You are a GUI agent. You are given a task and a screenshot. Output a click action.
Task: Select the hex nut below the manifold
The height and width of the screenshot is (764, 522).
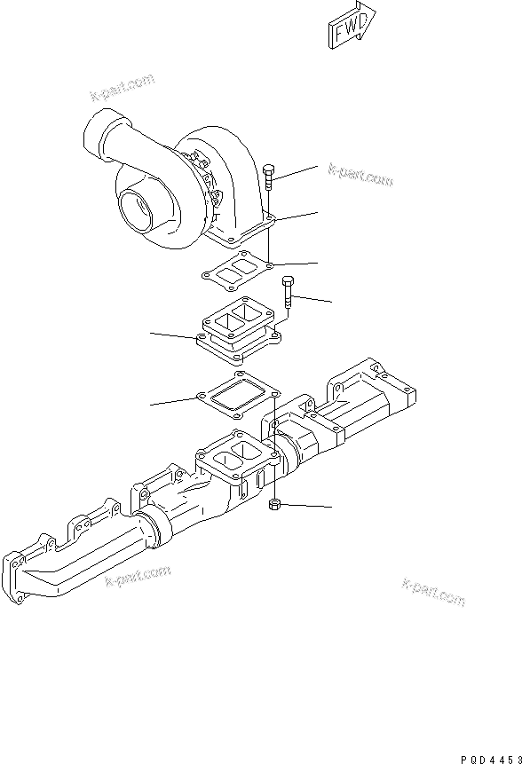click(275, 505)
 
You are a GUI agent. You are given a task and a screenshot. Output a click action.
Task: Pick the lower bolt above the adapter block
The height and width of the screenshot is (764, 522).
click(288, 293)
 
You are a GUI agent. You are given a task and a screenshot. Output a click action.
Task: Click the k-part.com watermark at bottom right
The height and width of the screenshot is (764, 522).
click(433, 592)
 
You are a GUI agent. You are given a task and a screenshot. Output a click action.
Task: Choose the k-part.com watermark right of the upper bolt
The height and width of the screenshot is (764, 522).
click(360, 175)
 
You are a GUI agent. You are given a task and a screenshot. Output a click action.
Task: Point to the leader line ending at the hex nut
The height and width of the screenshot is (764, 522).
click(307, 506)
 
